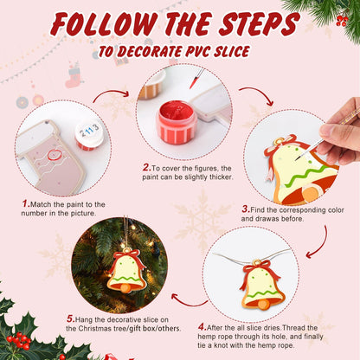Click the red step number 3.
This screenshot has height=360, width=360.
(x=246, y=209)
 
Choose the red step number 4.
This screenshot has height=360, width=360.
(x=202, y=327)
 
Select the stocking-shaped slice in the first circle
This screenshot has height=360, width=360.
(x=52, y=156)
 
